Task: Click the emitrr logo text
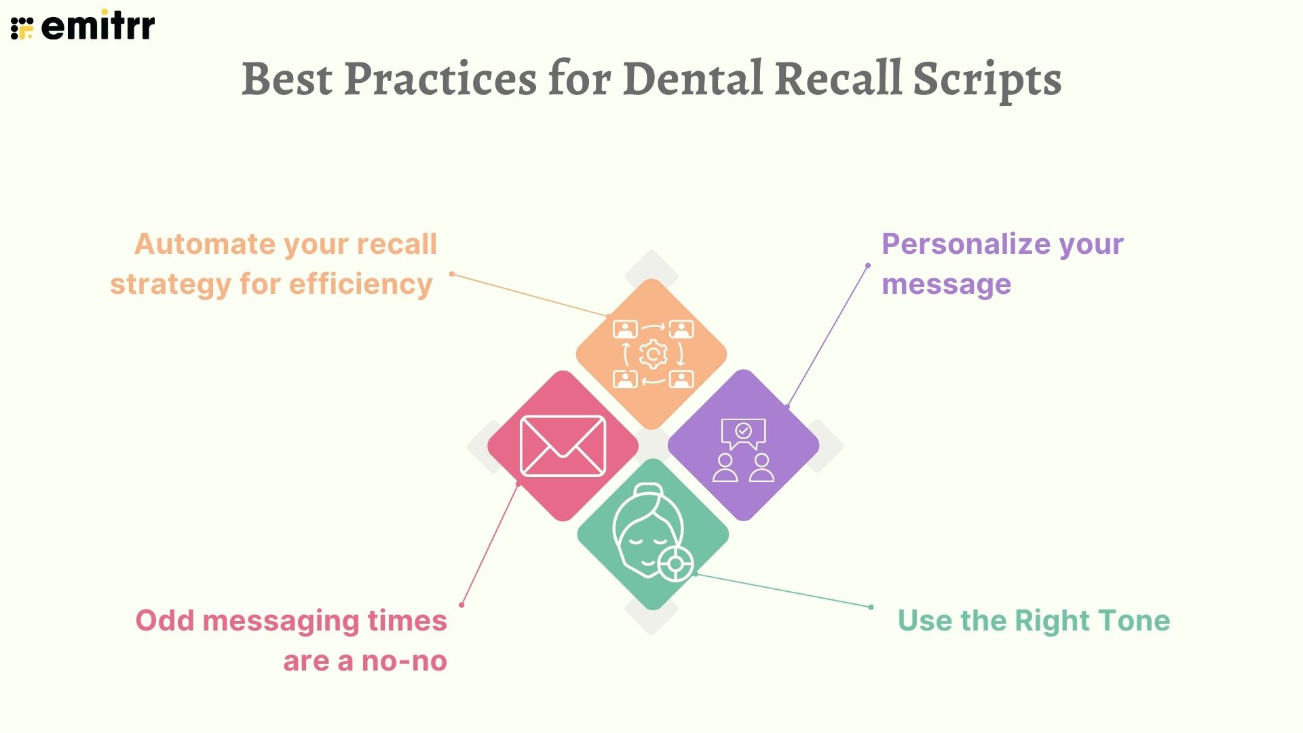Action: [x=98, y=26]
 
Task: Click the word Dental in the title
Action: [x=693, y=79]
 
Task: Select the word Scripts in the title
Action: [x=987, y=80]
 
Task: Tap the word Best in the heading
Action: [x=287, y=79]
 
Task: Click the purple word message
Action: [x=946, y=284]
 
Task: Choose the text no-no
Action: [x=404, y=661]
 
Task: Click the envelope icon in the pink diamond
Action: [x=563, y=446]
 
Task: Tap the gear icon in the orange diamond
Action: [x=653, y=354]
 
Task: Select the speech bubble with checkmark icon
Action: [x=743, y=433]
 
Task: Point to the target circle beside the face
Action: [x=676, y=563]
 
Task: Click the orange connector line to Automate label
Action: [x=529, y=295]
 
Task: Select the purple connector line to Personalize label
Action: [x=828, y=335]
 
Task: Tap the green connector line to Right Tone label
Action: [x=784, y=590]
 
